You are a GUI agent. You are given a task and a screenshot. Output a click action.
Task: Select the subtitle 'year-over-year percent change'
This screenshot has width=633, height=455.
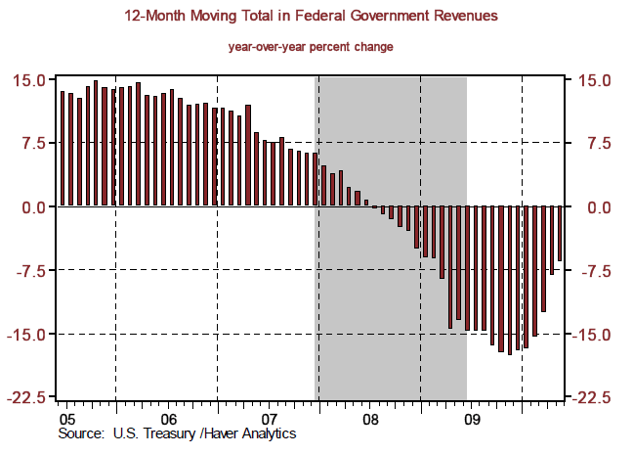point(312,47)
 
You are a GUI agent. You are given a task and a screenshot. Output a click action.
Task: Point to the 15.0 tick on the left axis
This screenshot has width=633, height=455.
point(30,80)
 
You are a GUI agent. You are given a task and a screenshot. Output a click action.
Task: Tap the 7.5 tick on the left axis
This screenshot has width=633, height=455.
point(34,144)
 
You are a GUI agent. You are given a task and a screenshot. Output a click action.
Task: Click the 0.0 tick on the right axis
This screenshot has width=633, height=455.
point(599,207)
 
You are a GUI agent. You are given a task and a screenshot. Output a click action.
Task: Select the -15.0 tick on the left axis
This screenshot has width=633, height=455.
point(27,335)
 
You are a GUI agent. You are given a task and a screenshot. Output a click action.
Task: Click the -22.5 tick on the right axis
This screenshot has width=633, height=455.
point(593,398)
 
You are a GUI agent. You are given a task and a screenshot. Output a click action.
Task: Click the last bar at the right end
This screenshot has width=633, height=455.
point(561,234)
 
